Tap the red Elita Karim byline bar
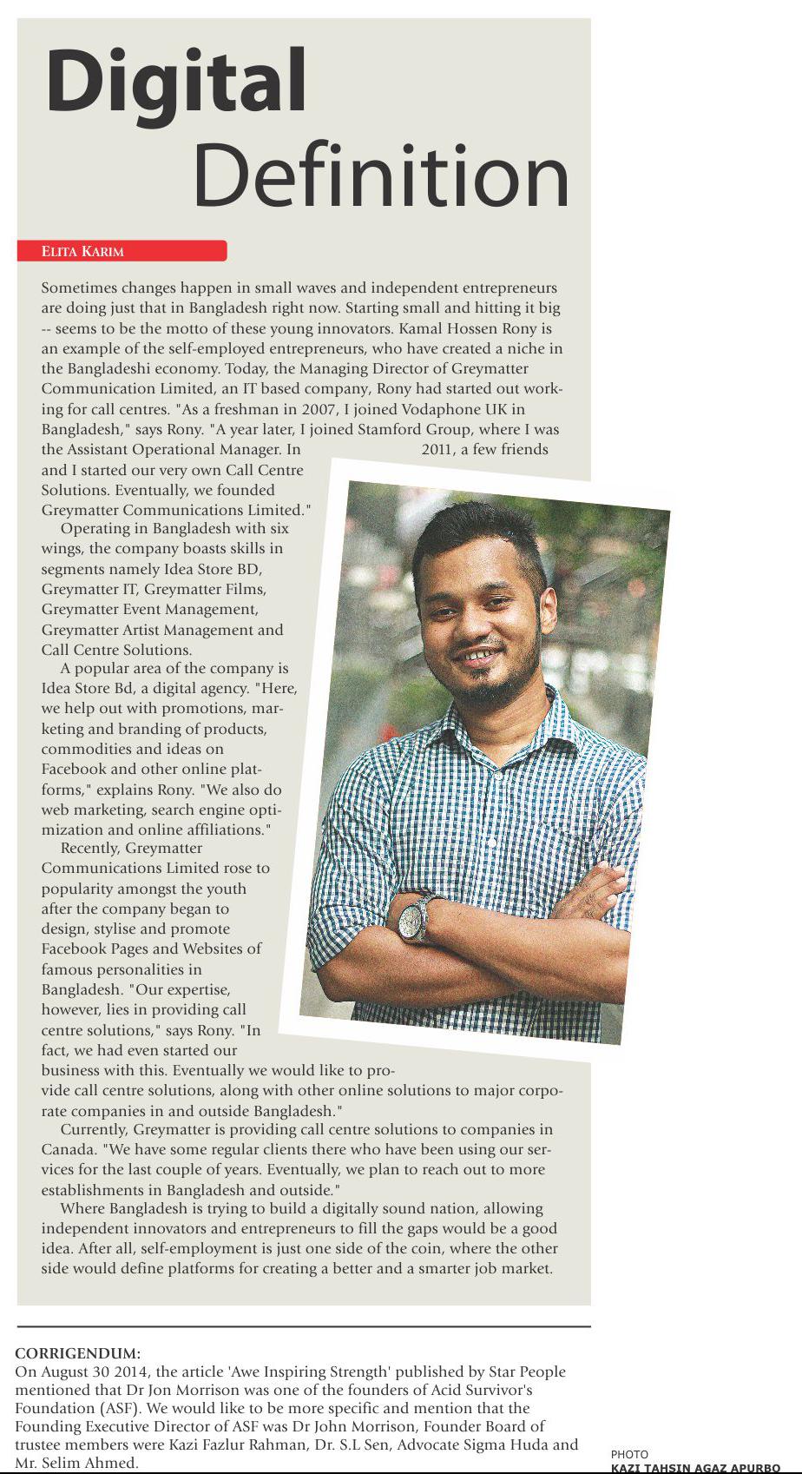coord(122,251)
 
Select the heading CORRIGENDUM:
coord(77,1353)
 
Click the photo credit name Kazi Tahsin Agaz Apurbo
coord(694,1468)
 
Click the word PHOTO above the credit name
coord(629,1454)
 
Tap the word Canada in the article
coord(66,1149)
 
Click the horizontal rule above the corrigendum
coord(304,1327)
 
